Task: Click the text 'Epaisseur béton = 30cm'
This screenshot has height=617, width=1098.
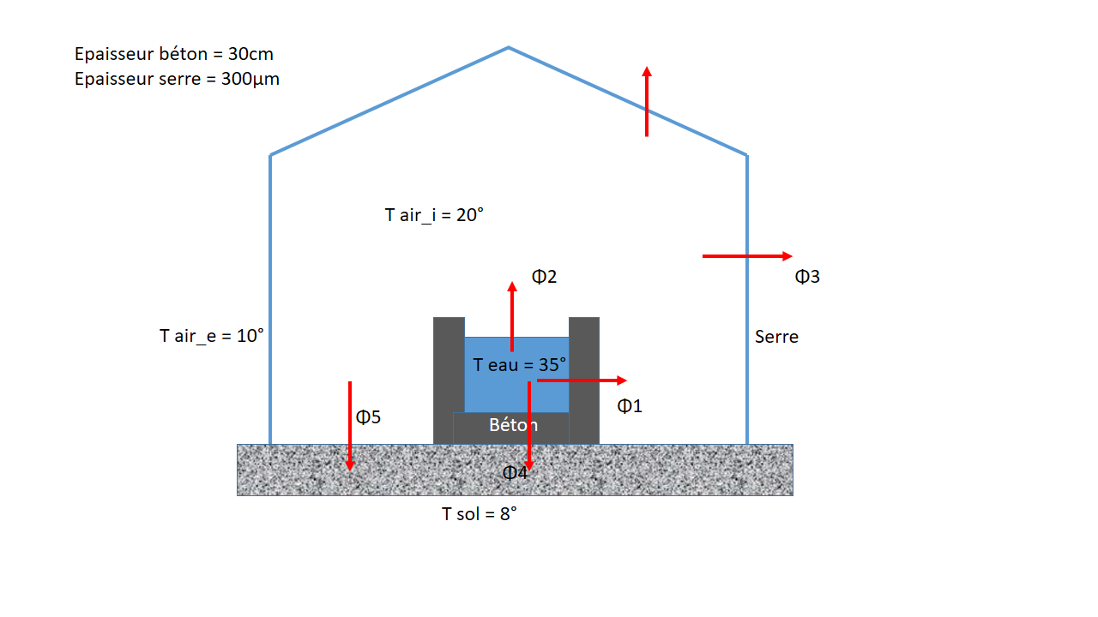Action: tap(174, 54)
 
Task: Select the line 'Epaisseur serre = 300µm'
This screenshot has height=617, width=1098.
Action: tap(177, 80)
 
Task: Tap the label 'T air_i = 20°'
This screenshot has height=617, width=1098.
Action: tap(434, 215)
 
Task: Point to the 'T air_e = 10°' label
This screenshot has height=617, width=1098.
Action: tap(212, 336)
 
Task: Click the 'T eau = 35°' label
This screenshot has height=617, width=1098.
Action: tap(520, 365)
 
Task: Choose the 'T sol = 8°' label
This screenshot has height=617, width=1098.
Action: tap(480, 514)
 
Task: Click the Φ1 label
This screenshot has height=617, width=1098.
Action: tap(630, 406)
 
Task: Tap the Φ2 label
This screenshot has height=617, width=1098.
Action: tap(545, 277)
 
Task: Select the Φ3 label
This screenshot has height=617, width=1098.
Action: tap(807, 277)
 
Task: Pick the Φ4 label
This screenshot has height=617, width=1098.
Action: tap(515, 472)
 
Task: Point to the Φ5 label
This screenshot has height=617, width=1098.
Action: tap(368, 417)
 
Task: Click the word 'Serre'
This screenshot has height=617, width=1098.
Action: tap(776, 337)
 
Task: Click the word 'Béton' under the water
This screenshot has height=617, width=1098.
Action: tap(513, 425)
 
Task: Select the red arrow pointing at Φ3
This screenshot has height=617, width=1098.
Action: tap(746, 255)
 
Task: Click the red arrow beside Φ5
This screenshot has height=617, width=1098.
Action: tap(350, 426)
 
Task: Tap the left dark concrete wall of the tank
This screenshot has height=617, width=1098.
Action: tap(448, 377)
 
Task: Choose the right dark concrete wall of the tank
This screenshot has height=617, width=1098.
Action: tap(584, 377)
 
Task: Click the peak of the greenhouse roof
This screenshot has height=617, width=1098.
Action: tap(509, 47)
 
